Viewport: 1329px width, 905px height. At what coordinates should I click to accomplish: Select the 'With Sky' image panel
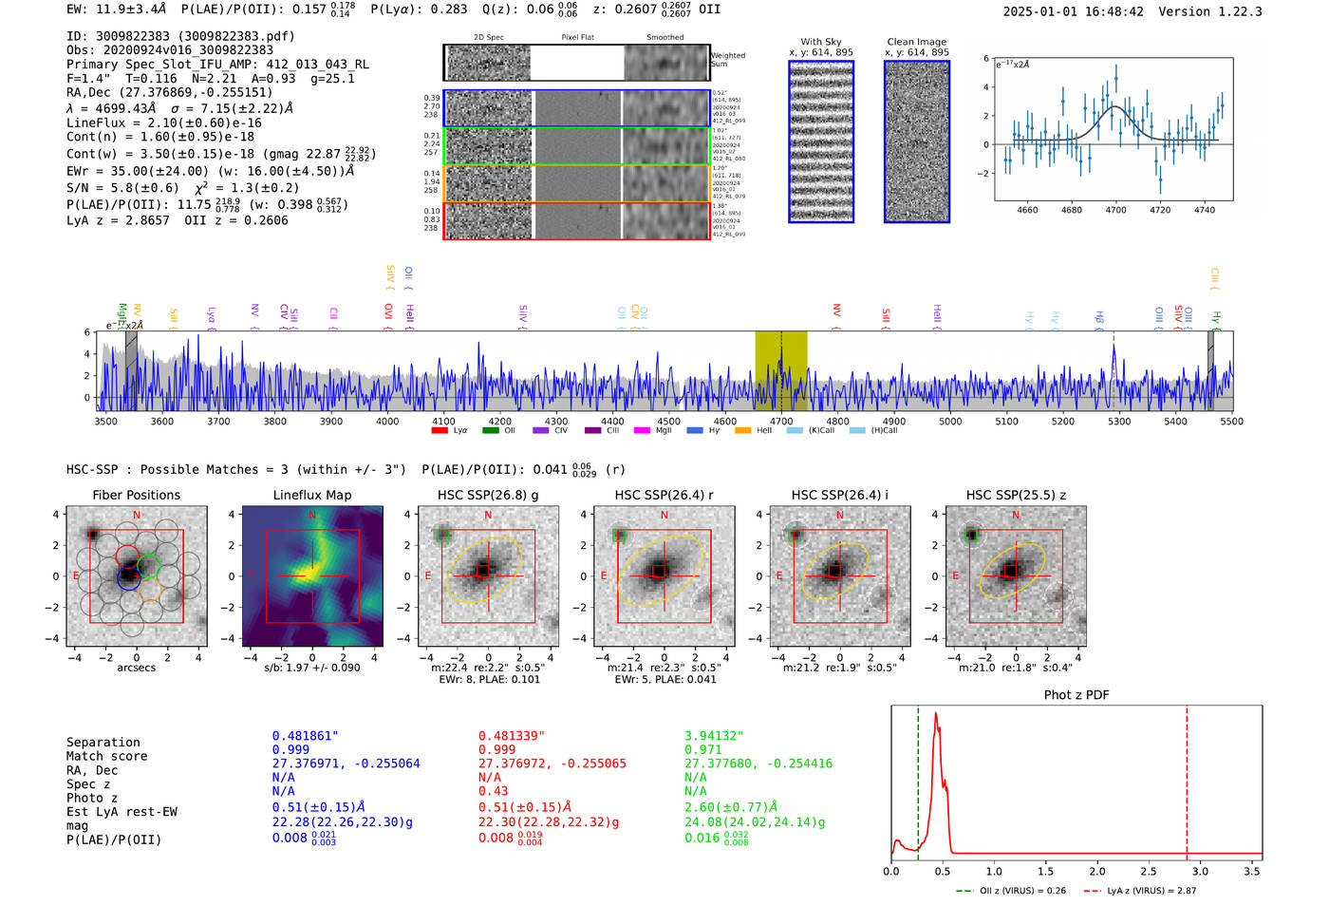tap(821, 141)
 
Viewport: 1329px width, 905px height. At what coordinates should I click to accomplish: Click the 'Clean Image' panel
tap(916, 141)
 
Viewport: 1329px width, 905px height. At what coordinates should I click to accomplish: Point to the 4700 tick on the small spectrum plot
tap(1115, 210)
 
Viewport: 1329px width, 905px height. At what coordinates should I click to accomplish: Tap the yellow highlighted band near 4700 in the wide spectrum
tap(780, 370)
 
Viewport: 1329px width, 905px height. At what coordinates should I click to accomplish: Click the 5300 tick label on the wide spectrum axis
tap(1119, 421)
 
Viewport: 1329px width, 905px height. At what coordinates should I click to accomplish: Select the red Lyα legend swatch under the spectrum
tap(440, 431)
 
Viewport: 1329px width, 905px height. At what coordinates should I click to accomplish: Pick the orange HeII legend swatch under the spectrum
tap(742, 431)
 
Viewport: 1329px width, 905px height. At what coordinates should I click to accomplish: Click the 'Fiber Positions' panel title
tap(136, 495)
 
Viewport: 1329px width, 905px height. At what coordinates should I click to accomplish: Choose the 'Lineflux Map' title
tap(312, 495)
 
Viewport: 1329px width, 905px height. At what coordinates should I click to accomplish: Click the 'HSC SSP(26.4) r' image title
tap(664, 495)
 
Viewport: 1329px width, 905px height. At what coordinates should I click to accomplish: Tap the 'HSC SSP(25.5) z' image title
tap(1016, 495)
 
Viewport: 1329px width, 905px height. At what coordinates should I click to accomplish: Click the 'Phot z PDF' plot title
tap(1076, 694)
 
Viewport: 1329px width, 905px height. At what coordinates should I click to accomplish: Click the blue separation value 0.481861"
tap(305, 736)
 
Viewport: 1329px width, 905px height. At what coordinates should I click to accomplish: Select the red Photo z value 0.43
tap(493, 791)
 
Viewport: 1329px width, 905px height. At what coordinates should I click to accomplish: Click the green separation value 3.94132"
tap(714, 736)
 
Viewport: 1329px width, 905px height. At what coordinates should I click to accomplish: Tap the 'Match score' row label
tap(106, 756)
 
